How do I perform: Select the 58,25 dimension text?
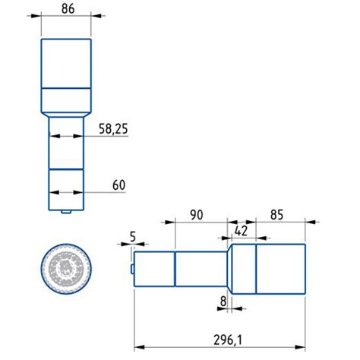[x=112, y=131]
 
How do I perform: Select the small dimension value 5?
[x=133, y=238]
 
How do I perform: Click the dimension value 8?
[x=223, y=302]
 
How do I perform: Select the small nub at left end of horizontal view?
[x=132, y=269]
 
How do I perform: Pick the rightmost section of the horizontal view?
[x=280, y=268]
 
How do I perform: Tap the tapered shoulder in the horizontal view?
[x=228, y=268]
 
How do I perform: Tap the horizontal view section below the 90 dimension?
[x=201, y=269]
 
